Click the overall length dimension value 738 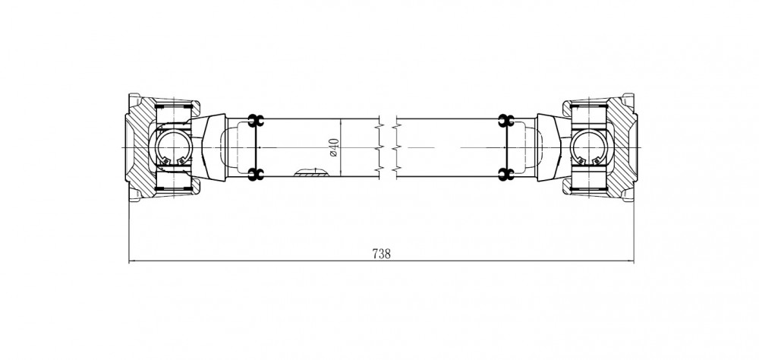[x=382, y=254]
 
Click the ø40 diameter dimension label [x=334, y=147]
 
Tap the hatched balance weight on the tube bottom [x=310, y=173]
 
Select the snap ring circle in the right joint [x=587, y=147]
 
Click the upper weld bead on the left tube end [x=256, y=120]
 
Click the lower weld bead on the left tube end [x=256, y=175]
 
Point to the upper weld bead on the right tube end [x=505, y=120]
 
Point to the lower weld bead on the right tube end [x=505, y=175]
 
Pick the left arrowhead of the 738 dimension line [x=131, y=261]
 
